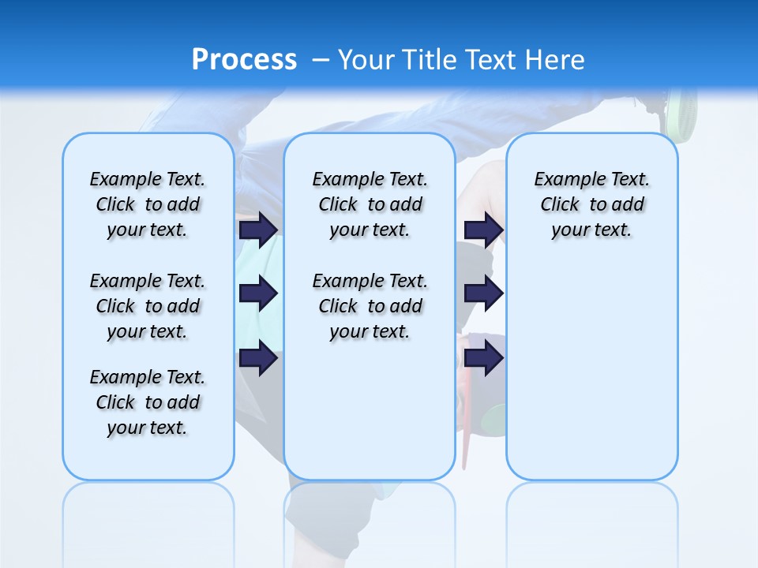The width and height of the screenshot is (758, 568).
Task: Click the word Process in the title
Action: (x=244, y=59)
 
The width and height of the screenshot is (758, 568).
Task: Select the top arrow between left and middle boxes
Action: (x=258, y=230)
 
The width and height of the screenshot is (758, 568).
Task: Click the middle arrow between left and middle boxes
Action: (x=258, y=293)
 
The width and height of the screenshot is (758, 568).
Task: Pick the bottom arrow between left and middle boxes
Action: (x=258, y=358)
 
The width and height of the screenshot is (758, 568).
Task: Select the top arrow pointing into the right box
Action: (x=483, y=230)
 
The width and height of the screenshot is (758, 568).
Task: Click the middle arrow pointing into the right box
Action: (x=483, y=293)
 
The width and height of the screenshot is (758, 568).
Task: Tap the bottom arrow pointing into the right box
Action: (x=483, y=358)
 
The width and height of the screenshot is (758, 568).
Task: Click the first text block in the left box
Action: (x=148, y=204)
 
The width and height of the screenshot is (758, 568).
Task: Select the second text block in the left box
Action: (x=148, y=306)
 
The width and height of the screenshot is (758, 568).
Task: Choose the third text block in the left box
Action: (x=148, y=402)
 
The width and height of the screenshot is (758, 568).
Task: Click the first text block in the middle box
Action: (x=370, y=204)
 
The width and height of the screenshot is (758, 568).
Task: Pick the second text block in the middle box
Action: (x=370, y=306)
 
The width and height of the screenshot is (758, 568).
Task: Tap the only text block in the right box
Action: (x=591, y=204)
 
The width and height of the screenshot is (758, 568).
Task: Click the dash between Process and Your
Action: (x=321, y=59)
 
